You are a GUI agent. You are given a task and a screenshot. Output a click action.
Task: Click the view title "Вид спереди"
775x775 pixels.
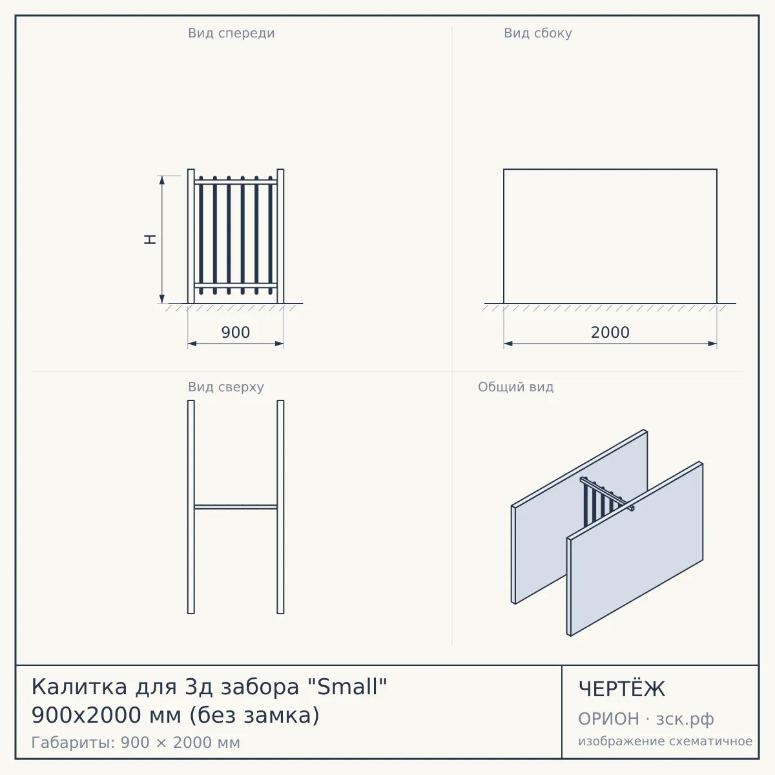231,33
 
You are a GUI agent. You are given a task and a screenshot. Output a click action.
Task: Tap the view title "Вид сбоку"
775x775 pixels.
538,33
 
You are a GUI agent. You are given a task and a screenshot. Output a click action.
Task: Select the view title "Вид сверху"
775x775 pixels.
225,387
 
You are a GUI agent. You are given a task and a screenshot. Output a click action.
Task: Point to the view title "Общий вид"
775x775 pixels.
515,387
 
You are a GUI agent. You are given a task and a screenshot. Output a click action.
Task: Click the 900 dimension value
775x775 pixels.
236,332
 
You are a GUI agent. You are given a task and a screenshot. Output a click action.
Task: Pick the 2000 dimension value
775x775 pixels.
610,332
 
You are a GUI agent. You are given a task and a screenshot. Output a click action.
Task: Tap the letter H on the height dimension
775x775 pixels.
150,240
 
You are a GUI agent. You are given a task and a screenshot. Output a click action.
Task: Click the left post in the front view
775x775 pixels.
191,236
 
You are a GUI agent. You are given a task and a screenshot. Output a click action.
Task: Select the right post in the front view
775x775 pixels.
280,236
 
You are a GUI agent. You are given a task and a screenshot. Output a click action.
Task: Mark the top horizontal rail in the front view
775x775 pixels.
236,182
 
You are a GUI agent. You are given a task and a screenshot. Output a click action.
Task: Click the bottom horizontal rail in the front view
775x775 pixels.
236,285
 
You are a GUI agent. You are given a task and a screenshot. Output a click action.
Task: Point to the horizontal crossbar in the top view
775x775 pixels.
236,507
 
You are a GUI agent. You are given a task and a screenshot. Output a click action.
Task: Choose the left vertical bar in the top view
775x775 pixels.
191,507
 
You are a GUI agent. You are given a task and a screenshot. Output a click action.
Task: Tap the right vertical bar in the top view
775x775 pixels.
280,507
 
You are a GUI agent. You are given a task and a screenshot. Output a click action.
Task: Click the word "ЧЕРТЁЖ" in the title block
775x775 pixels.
622,689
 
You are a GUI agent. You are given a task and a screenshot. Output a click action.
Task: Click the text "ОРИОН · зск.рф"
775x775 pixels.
646,719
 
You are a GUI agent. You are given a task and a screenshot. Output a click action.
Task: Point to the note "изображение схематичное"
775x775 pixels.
665,741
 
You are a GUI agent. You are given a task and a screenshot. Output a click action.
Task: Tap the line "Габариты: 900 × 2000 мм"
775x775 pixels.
136,743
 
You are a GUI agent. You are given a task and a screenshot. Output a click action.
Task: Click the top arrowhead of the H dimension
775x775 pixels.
161,180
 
